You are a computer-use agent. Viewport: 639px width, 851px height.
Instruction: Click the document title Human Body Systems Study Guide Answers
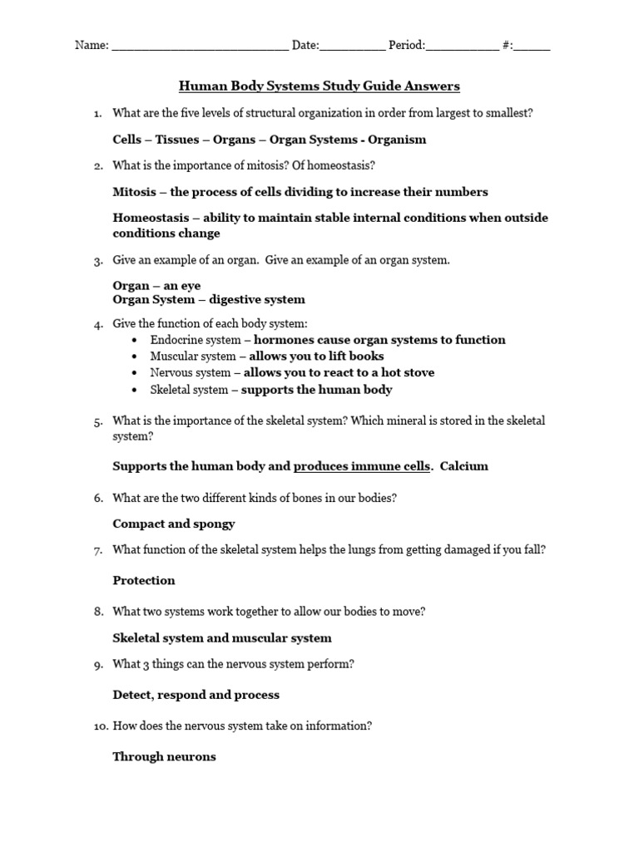pos(319,86)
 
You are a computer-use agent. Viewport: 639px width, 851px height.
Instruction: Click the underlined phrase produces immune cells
pos(362,466)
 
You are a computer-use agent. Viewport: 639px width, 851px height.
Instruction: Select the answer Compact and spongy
pos(173,524)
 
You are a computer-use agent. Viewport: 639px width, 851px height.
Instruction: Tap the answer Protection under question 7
pos(143,580)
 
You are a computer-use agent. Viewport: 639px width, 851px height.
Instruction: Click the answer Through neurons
pos(164,756)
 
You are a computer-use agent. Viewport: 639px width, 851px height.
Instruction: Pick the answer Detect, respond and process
pos(196,694)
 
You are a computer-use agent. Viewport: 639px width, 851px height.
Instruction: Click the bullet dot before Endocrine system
pos(136,340)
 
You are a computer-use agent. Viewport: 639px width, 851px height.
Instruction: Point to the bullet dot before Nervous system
pos(136,373)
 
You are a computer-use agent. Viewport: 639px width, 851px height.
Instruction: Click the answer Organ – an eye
pos(156,285)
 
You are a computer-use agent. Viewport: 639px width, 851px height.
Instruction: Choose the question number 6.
pos(97,498)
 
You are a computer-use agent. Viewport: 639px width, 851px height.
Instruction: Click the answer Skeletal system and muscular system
pos(221,637)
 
